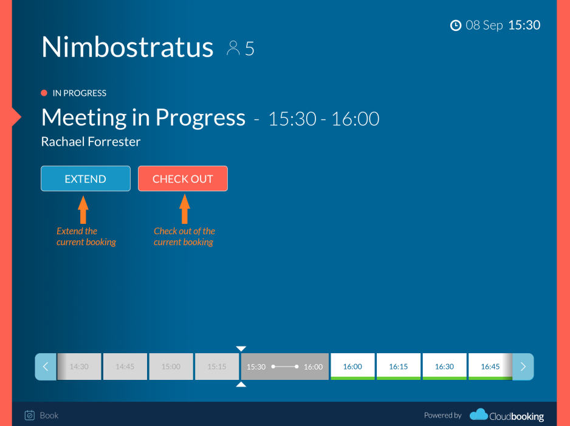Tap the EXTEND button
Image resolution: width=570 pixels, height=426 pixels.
coord(86,178)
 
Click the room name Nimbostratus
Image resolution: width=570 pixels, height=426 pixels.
coord(127,47)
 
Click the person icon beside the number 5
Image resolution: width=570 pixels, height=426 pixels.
coord(233,48)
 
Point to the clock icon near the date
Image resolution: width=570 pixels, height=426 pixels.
coord(456,25)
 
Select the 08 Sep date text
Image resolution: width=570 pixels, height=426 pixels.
coord(484,25)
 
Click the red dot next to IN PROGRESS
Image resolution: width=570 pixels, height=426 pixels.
coord(44,93)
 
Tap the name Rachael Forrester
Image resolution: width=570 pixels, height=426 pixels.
coord(91,141)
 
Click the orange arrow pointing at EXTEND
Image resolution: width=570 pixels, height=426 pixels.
coord(83,209)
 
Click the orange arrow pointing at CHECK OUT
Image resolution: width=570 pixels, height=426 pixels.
coord(185,209)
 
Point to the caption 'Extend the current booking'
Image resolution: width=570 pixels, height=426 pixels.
coord(86,237)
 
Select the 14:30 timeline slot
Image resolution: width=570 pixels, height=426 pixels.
coord(79,367)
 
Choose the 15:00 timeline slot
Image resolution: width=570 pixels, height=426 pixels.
coord(171,367)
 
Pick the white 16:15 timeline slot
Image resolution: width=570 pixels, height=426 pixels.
coord(399,367)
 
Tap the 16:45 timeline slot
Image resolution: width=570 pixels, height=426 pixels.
coord(490,367)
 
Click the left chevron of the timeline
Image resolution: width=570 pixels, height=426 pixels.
coord(46,367)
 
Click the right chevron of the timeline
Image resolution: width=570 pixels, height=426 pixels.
coord(523,367)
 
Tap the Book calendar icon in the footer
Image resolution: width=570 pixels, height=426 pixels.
coord(29,415)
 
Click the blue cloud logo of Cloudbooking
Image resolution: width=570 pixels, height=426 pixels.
coord(479,414)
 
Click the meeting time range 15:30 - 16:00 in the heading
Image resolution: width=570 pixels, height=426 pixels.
coord(323,119)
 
